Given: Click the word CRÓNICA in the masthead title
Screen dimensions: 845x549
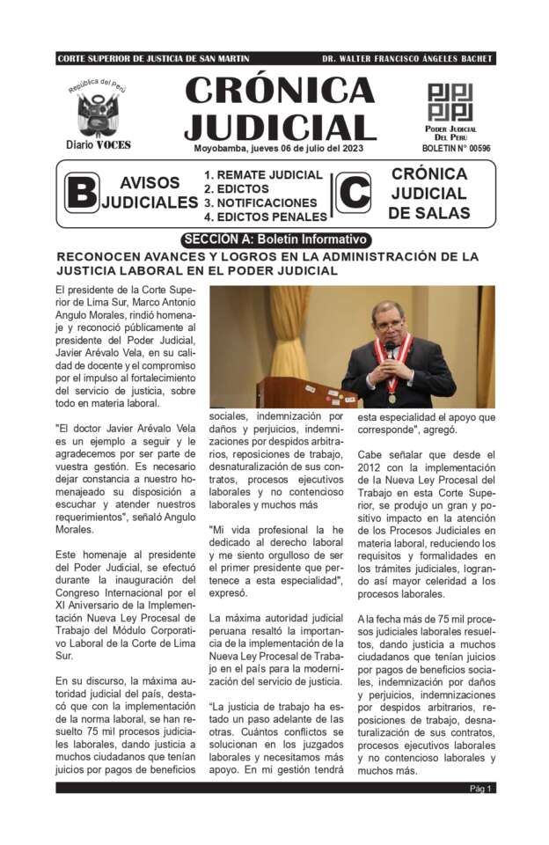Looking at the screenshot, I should pyautogui.click(x=280, y=92).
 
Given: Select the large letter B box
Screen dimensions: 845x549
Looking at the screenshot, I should pyautogui.click(x=82, y=193).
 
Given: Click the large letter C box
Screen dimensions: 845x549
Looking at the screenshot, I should pyautogui.click(x=354, y=193).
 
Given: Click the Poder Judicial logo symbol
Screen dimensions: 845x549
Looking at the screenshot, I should pyautogui.click(x=450, y=102).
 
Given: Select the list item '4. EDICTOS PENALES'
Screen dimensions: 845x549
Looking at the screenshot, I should pyautogui.click(x=266, y=217).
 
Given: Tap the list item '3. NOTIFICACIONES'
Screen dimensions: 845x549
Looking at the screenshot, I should pyautogui.click(x=260, y=202).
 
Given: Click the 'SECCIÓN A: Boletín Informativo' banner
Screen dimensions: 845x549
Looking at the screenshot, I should pyautogui.click(x=275, y=239).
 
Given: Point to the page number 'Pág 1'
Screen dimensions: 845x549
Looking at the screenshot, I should pyautogui.click(x=481, y=788).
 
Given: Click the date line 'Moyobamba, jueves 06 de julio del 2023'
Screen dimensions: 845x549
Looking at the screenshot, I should pyautogui.click(x=278, y=149).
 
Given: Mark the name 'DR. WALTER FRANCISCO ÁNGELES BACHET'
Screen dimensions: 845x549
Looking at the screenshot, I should pyautogui.click(x=407, y=59).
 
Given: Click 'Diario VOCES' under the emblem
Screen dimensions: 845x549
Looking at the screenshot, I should pyautogui.click(x=98, y=144).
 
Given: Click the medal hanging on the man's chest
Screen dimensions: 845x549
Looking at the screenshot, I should pyautogui.click(x=392, y=397).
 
